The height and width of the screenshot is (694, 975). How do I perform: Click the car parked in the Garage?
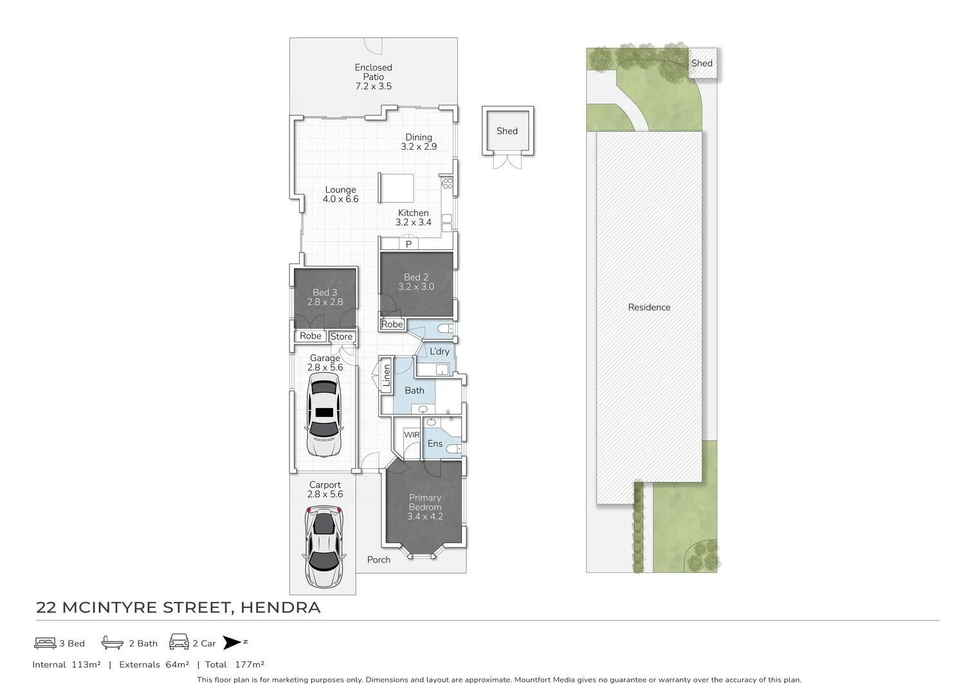click(x=324, y=416)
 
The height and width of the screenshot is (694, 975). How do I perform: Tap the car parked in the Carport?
click(x=324, y=547)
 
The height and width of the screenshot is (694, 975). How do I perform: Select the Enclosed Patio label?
click(x=373, y=76)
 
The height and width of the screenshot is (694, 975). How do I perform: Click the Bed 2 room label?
click(x=416, y=282)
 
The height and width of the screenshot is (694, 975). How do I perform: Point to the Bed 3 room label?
click(x=325, y=297)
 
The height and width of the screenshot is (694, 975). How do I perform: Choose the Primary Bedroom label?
click(x=425, y=506)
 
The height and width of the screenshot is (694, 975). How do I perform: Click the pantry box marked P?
click(x=408, y=244)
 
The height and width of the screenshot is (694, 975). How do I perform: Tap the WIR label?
click(x=412, y=435)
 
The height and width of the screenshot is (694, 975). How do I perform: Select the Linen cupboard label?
click(x=387, y=375)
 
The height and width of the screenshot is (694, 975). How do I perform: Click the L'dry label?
click(x=439, y=351)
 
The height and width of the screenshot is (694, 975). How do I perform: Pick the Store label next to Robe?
click(x=342, y=337)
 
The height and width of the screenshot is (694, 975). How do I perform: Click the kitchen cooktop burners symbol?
click(x=447, y=184)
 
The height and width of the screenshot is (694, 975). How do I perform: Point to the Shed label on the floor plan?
click(x=507, y=131)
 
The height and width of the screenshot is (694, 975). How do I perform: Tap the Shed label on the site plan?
click(x=702, y=63)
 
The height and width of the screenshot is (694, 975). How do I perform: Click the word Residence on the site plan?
click(x=649, y=307)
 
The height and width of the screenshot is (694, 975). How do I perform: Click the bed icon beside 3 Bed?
click(x=45, y=643)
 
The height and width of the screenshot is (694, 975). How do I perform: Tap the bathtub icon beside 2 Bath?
click(x=112, y=643)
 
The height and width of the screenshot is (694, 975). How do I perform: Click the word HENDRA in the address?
click(x=280, y=607)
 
